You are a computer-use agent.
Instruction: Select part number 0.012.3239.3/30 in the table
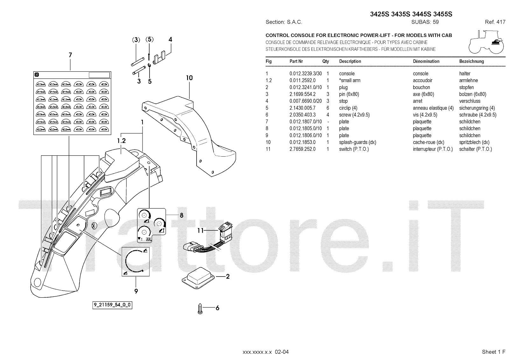[305, 74]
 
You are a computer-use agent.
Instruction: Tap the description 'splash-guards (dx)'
[358, 142]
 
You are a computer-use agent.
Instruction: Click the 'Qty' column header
[325, 61]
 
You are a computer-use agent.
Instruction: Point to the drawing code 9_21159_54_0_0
[112, 305]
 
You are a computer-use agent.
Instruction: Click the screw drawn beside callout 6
[200, 309]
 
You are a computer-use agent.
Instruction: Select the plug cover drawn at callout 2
[198, 279]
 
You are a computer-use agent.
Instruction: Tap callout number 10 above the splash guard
[189, 78]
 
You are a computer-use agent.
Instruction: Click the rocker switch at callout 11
[226, 231]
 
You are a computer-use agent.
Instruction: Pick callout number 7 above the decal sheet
[70, 55]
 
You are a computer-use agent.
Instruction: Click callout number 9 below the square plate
[136, 291]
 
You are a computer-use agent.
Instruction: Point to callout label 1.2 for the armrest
[121, 141]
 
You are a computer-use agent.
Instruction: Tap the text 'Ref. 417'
[495, 22]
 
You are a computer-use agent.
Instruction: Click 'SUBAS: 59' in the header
[425, 22]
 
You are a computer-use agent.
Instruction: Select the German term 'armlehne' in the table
[468, 81]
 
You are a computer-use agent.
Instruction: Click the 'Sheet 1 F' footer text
[493, 352]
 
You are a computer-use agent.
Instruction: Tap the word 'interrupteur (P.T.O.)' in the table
[433, 149]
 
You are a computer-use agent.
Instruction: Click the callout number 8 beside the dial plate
[181, 215]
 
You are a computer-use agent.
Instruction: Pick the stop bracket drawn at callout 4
[159, 57]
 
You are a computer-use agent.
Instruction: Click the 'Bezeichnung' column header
[471, 61]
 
